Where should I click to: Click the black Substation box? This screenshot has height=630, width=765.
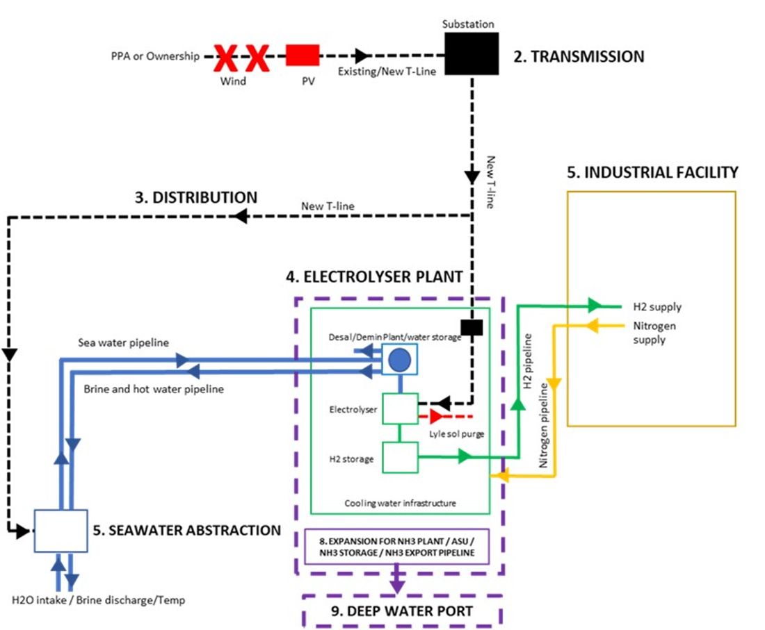pos(472,53)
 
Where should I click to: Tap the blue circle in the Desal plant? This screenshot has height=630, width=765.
pos(399,359)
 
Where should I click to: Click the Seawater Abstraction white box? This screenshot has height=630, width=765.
pos(61,531)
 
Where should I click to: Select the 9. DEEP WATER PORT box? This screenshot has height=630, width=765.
pos(402,611)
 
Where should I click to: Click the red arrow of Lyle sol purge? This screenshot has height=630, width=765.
pos(436,417)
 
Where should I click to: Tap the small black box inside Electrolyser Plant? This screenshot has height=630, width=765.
pos(472,327)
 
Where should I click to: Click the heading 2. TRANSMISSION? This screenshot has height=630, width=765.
pos(579,56)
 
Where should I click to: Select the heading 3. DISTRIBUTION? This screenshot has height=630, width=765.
pos(196,197)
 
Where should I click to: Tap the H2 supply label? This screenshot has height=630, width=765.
pos(657,306)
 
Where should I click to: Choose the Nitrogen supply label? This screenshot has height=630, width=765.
pos(654,332)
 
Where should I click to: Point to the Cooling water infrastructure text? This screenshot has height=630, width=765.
pos(401,503)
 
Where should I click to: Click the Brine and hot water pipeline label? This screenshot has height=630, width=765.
pos(153,389)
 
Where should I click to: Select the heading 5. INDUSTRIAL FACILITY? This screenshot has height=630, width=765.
pos(652,172)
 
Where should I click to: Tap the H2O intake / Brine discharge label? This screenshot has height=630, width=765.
pos(99,599)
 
